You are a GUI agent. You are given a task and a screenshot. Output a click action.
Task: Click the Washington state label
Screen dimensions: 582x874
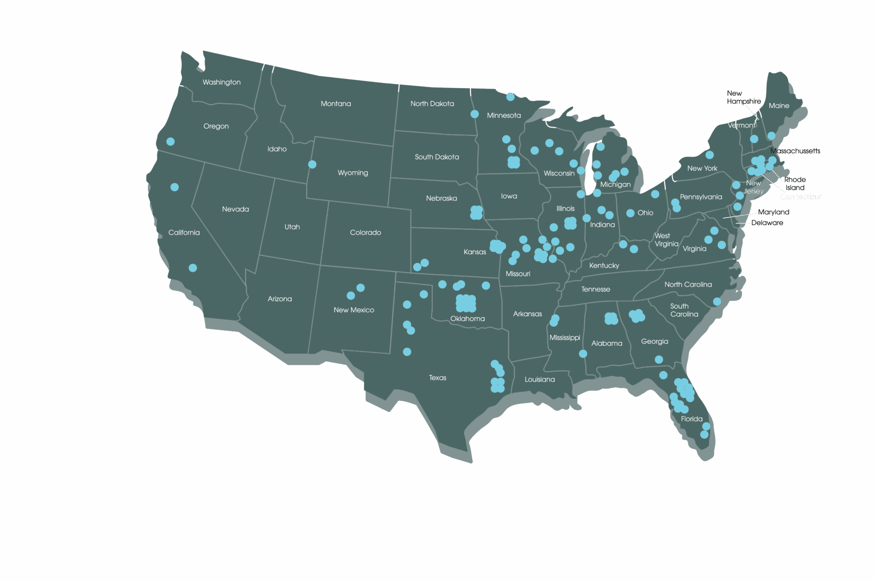[221, 82]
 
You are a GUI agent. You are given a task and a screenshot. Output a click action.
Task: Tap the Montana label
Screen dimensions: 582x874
[336, 104]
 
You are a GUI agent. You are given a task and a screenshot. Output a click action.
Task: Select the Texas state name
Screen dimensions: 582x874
[437, 378]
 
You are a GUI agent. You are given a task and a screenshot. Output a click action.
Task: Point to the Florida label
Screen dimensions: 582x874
[692, 419]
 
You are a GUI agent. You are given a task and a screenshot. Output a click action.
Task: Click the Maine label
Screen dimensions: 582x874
[779, 106]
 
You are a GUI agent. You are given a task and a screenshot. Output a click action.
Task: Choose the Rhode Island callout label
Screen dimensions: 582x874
[795, 183]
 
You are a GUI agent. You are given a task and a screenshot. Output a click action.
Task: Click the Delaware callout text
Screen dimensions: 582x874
[767, 223]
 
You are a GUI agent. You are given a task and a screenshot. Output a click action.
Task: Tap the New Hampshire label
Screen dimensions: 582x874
[744, 97]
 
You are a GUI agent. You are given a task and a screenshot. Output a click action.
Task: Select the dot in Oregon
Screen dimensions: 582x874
[170, 142]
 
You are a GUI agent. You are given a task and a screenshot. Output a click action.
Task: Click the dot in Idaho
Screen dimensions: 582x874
[312, 165]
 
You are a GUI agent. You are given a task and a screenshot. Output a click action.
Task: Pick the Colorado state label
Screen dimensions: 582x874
[365, 232]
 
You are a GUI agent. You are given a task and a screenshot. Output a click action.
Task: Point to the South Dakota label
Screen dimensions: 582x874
[437, 157]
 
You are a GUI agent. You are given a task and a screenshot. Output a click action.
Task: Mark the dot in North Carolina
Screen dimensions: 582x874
[717, 301]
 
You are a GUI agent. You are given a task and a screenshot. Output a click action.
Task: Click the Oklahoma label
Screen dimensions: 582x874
[467, 319]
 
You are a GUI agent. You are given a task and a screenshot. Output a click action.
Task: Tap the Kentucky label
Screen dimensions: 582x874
[604, 266]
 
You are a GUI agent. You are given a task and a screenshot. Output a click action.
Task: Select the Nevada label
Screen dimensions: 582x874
[235, 209]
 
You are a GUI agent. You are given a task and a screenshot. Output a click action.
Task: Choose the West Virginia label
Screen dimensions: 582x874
[666, 240]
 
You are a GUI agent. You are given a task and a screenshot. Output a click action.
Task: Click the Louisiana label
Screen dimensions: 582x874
[539, 379]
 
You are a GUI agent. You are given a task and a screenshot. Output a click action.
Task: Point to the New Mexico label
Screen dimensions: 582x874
[354, 310]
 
